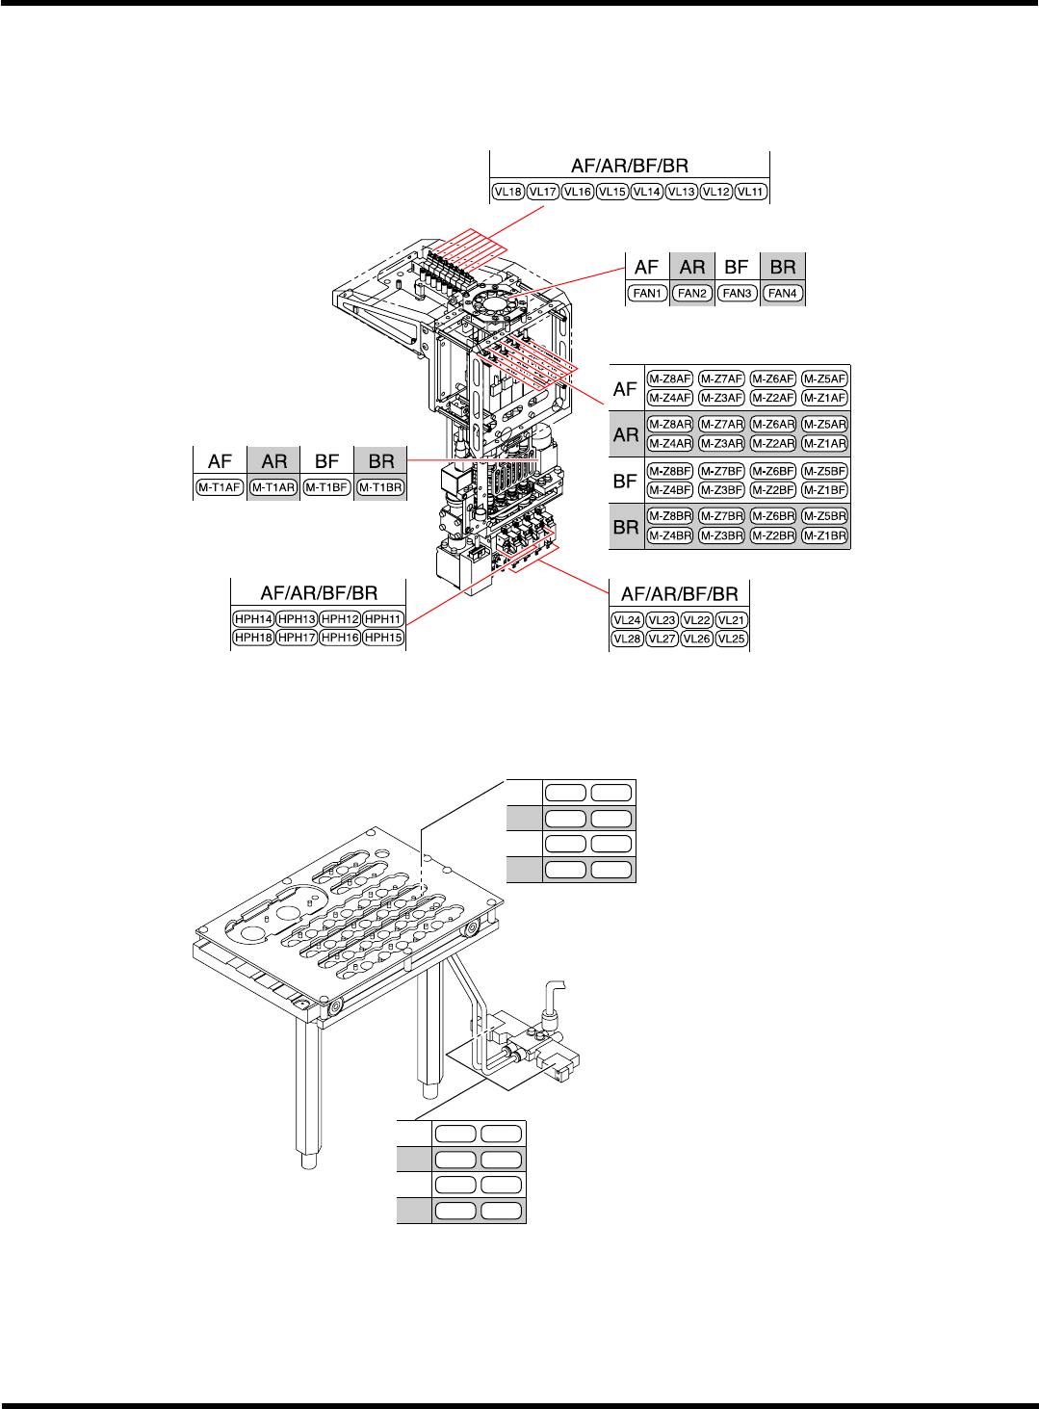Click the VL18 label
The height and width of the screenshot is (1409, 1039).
coord(507,192)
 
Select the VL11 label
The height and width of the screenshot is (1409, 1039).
coord(750,192)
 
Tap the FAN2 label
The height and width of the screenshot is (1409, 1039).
coord(692,293)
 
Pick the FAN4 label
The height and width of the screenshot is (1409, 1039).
coord(782,293)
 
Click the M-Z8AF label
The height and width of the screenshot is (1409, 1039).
coord(669,379)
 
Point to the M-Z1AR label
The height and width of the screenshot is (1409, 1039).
coord(824,443)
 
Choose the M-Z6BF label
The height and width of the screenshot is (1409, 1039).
coord(773,471)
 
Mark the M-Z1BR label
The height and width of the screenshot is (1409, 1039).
coord(824,535)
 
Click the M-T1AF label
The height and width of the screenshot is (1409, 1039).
coord(220,487)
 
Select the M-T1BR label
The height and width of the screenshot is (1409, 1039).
coord(380,487)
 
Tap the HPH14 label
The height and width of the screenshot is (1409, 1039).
coord(253,619)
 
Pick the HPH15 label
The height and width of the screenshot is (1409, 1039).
coord(383,638)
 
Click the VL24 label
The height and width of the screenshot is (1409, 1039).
coord(627,620)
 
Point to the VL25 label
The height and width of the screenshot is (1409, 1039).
coord(732,639)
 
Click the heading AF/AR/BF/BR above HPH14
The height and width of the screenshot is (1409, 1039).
coord(319,593)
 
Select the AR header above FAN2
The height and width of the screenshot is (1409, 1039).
coord(692,268)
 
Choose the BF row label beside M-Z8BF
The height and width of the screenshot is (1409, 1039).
coord(626,481)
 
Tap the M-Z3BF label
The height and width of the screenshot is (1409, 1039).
coord(721,490)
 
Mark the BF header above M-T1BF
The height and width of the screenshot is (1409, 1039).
coord(326,461)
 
